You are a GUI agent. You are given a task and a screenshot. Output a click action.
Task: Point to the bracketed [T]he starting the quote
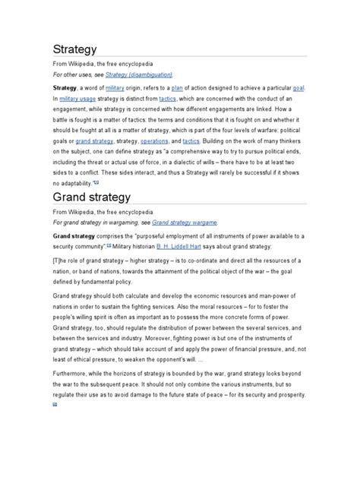tap(38, 262)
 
